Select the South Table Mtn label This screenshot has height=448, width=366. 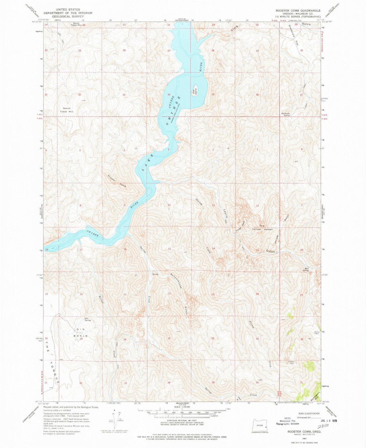67,110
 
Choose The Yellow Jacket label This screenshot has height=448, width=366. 262,227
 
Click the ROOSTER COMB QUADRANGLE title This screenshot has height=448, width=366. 298,11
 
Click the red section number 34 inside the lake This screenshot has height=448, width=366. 169,94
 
